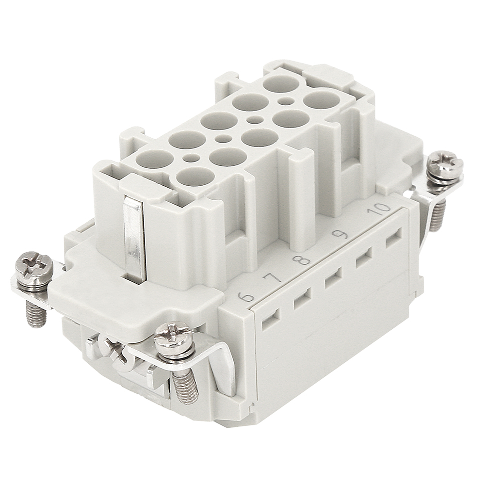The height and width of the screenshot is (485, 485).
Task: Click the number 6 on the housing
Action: click(246, 297)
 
